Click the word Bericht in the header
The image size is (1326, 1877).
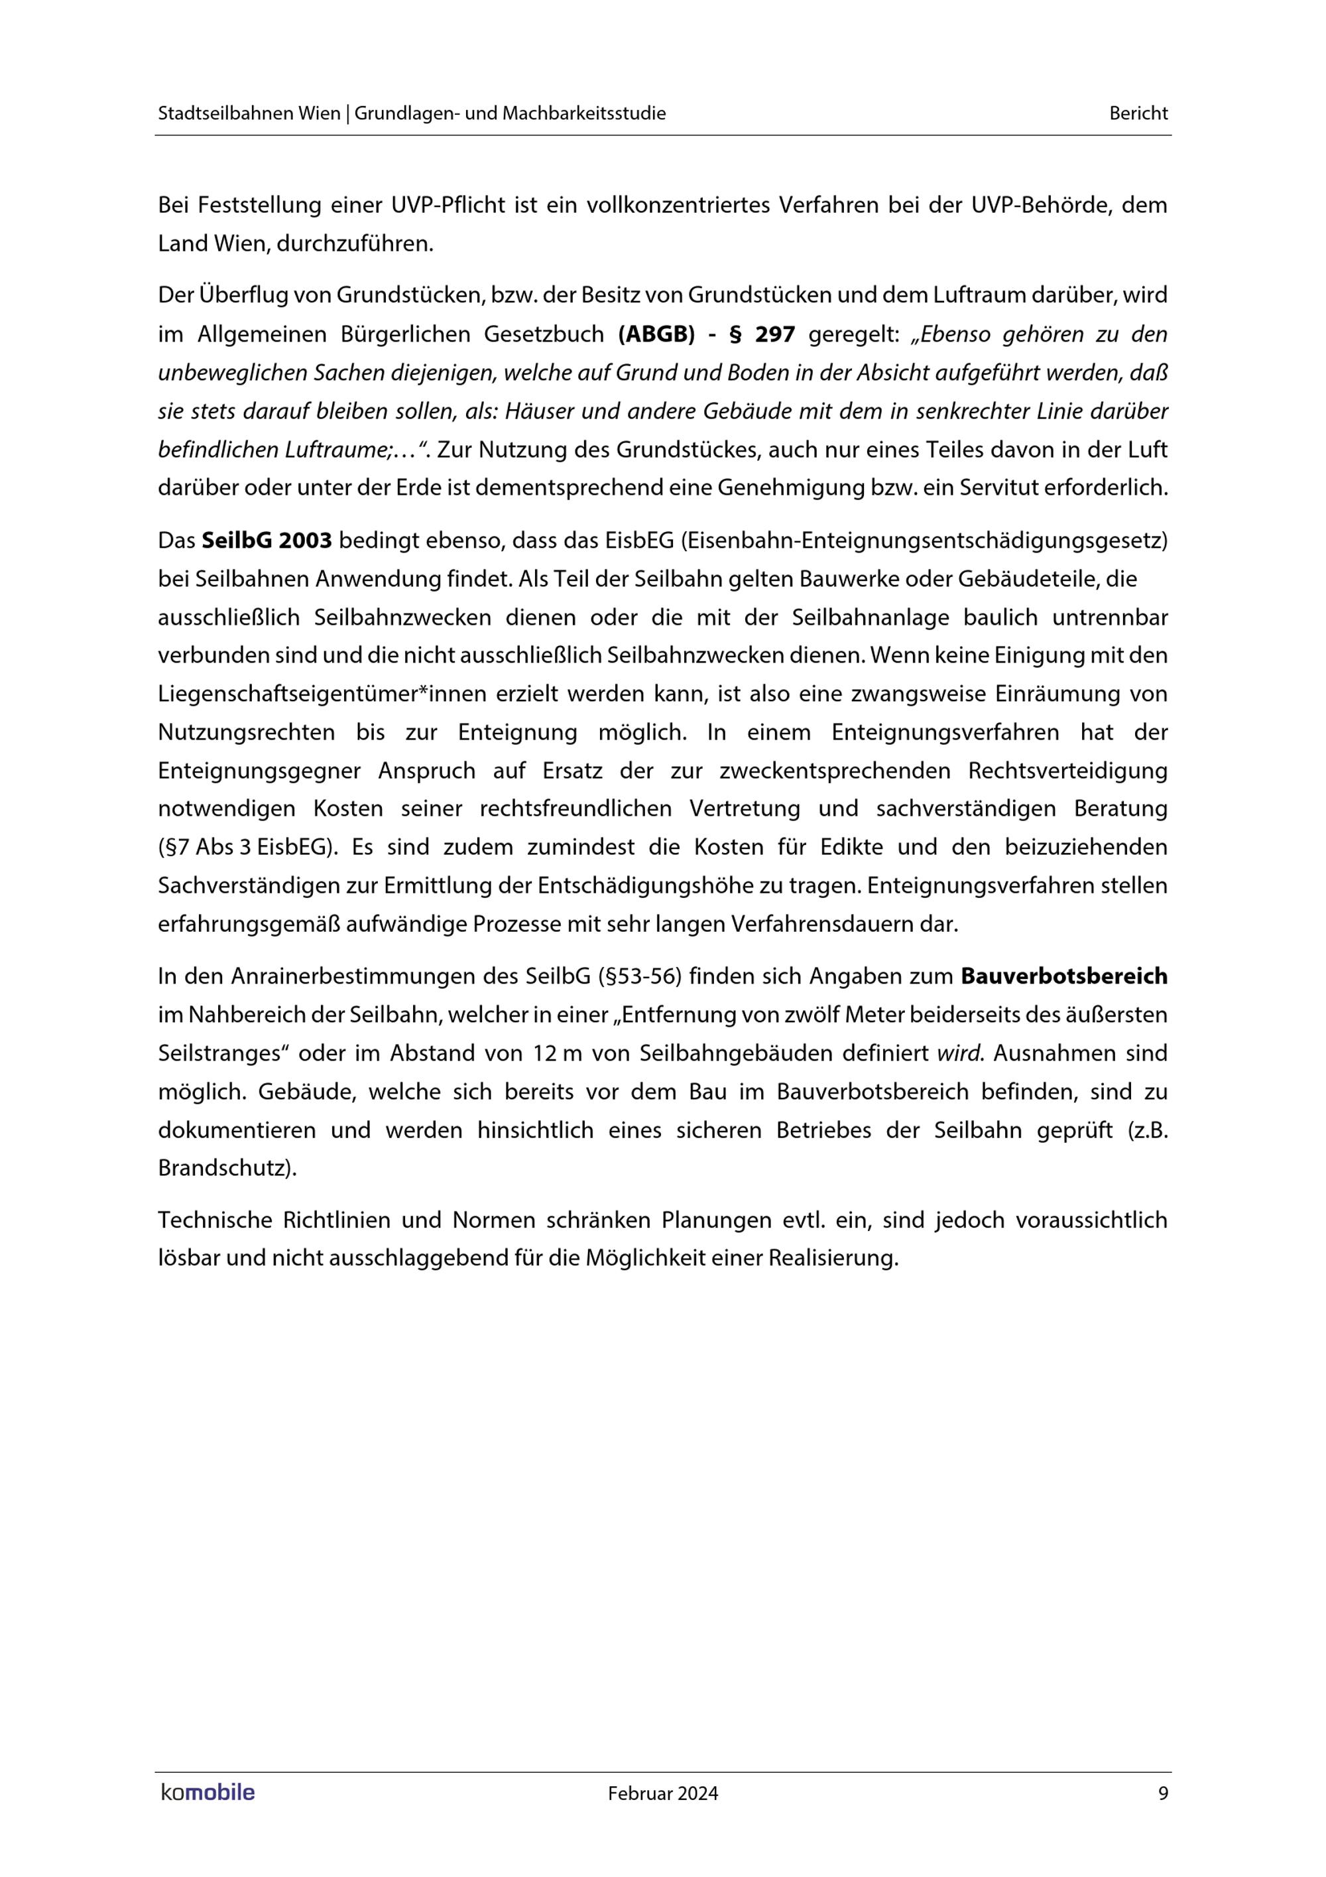(1138, 113)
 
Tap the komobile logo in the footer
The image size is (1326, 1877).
(208, 1793)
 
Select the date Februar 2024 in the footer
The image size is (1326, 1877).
(662, 1793)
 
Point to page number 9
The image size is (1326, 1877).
(1164, 1793)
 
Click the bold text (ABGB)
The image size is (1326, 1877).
(650, 334)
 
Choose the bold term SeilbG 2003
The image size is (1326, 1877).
(267, 541)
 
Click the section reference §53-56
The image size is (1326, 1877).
(639, 976)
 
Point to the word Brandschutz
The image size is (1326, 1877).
(225, 1167)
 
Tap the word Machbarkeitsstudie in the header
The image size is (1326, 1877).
(583, 113)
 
